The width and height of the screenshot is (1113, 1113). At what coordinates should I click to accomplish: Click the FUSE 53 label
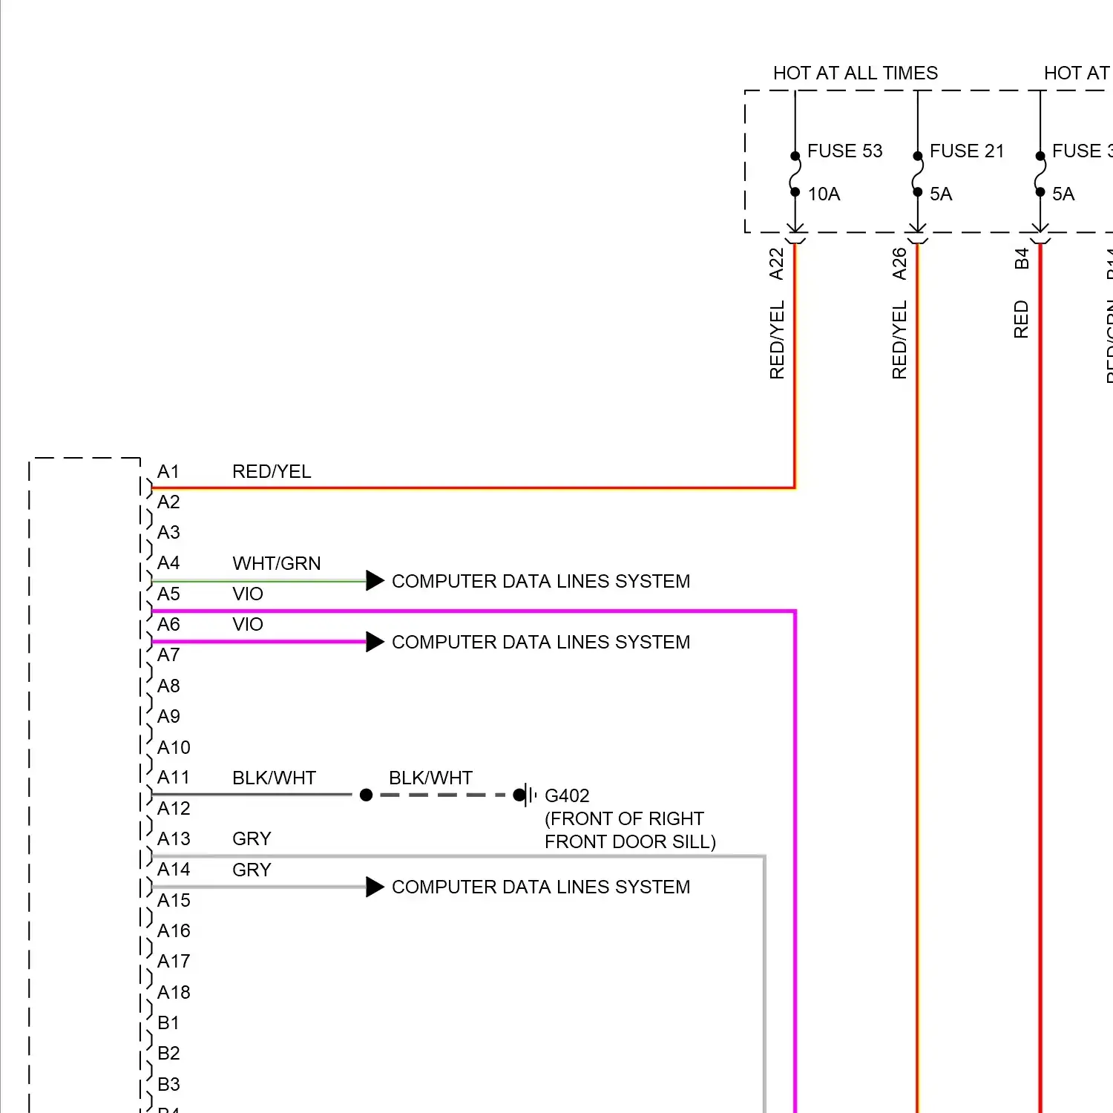(844, 151)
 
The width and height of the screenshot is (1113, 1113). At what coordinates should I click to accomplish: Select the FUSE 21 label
(966, 151)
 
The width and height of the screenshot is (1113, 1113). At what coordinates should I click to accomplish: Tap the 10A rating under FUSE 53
(824, 194)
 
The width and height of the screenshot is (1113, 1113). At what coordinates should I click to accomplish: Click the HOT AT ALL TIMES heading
(855, 73)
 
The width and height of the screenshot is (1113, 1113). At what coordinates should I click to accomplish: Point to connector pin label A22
(777, 263)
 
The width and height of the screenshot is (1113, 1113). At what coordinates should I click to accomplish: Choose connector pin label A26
(899, 263)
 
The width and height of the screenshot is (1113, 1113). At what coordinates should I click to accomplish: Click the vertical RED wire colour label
(1022, 319)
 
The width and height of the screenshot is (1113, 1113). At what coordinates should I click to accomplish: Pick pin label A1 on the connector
(168, 472)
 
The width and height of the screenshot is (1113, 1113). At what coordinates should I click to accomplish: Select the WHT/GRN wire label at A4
(276, 564)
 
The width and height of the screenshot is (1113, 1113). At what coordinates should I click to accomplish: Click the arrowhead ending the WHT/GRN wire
(375, 581)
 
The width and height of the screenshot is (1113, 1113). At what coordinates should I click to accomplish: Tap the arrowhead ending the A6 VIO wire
(375, 642)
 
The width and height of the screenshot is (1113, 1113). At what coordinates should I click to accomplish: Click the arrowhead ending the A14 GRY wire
(375, 887)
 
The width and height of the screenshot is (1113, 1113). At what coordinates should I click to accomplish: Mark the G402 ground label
(567, 796)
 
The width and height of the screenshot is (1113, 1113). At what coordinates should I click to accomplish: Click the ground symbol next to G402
(528, 795)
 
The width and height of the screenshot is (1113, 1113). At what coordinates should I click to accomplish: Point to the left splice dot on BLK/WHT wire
(366, 795)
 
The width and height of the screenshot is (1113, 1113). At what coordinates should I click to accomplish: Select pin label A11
(174, 778)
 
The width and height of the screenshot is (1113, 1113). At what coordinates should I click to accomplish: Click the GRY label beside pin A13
(252, 839)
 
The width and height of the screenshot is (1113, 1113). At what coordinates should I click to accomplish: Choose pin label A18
(174, 993)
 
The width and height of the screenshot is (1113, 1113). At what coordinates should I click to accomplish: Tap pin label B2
(168, 1054)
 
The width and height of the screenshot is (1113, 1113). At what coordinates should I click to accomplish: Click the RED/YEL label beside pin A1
(272, 472)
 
